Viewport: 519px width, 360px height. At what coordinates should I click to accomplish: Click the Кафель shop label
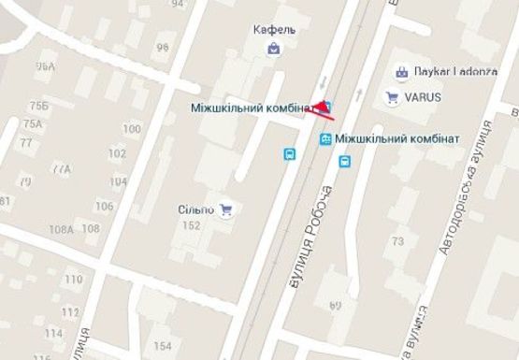click(274, 29)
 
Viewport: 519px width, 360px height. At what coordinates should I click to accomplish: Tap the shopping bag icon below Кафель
click(273, 48)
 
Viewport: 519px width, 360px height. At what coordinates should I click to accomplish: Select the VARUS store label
click(423, 95)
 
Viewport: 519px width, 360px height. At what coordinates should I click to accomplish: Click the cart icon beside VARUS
click(392, 95)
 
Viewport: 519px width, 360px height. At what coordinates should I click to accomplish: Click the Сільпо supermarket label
click(196, 209)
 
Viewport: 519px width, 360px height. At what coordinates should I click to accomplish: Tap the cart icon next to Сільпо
click(225, 209)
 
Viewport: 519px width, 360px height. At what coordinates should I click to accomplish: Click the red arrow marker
click(322, 108)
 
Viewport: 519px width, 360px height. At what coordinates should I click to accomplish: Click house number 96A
click(45, 67)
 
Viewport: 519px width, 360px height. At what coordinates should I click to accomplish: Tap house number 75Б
click(39, 106)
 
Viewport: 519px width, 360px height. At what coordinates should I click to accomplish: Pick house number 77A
click(61, 169)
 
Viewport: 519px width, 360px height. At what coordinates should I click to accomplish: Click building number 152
click(192, 225)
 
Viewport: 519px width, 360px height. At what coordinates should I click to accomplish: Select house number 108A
click(61, 229)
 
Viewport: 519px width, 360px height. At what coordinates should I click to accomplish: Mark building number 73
click(397, 241)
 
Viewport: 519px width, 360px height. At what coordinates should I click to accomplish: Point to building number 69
click(335, 305)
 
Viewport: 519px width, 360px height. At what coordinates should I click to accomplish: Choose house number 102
click(117, 153)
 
